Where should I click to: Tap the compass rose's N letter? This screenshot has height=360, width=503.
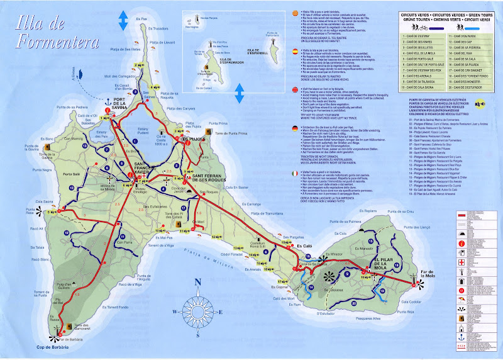197,281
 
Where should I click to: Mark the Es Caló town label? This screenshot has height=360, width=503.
304,245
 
